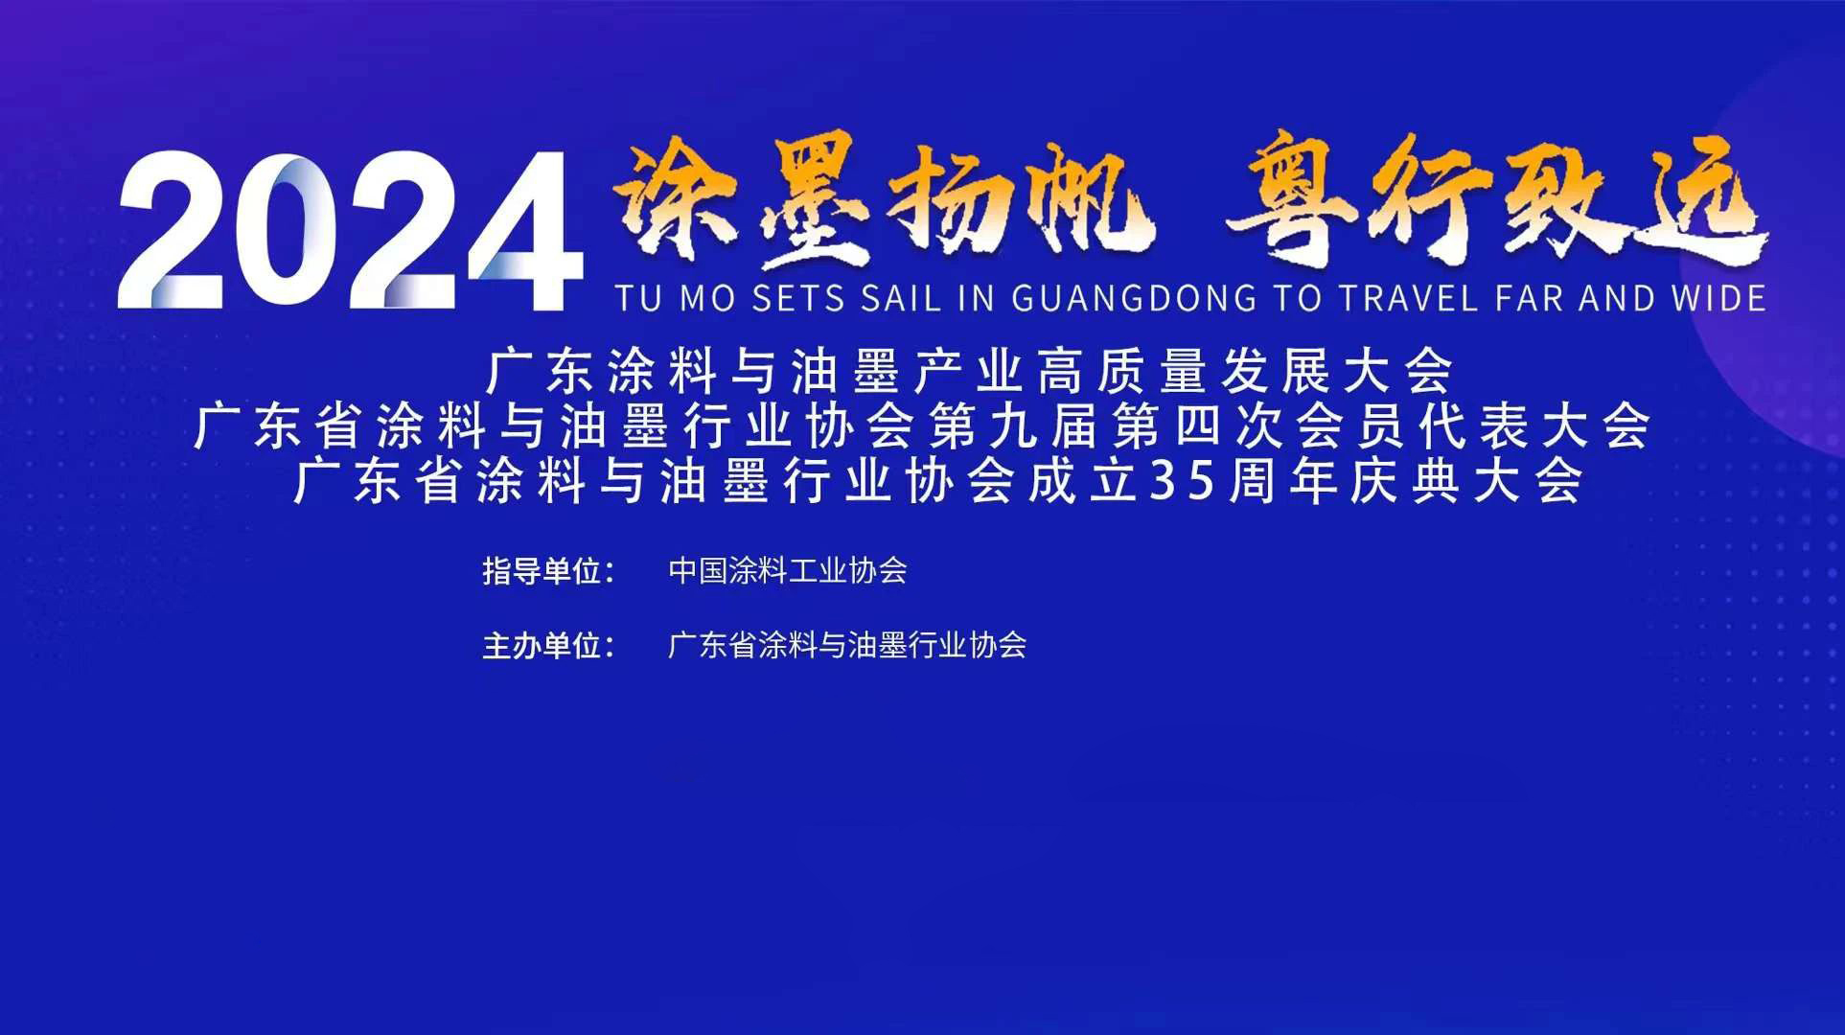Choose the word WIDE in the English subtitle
[1719, 299]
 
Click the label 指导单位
[542, 571]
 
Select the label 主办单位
[542, 645]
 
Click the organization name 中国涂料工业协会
[788, 571]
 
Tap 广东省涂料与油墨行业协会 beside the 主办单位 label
[847, 645]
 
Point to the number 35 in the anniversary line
[1185, 482]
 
